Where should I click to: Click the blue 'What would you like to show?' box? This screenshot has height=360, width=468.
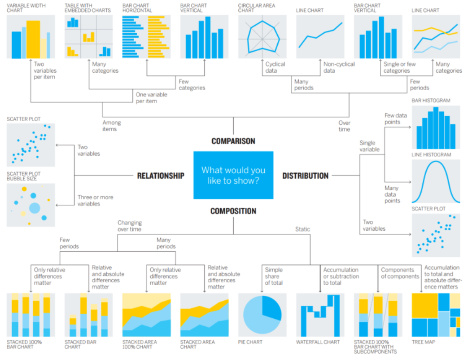[233, 175]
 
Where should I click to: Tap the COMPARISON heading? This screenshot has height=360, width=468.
[233, 141]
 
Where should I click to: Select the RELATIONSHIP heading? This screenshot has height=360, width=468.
[161, 176]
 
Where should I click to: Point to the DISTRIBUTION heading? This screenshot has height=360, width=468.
[305, 176]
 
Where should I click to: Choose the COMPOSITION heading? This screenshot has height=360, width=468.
[233, 211]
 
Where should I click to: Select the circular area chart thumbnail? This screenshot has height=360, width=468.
[262, 37]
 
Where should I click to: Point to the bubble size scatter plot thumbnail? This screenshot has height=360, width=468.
[31, 205]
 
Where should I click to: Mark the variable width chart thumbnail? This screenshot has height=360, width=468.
[31, 37]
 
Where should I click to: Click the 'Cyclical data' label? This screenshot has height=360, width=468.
[275, 67]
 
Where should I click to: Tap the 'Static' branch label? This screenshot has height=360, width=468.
[302, 229]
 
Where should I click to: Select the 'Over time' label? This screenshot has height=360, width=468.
[344, 126]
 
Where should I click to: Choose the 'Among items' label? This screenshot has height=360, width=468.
[111, 126]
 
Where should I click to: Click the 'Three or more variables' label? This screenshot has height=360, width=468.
[95, 201]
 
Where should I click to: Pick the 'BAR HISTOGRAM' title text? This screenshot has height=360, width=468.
[430, 101]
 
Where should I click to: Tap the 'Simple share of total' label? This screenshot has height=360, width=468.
[274, 277]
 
